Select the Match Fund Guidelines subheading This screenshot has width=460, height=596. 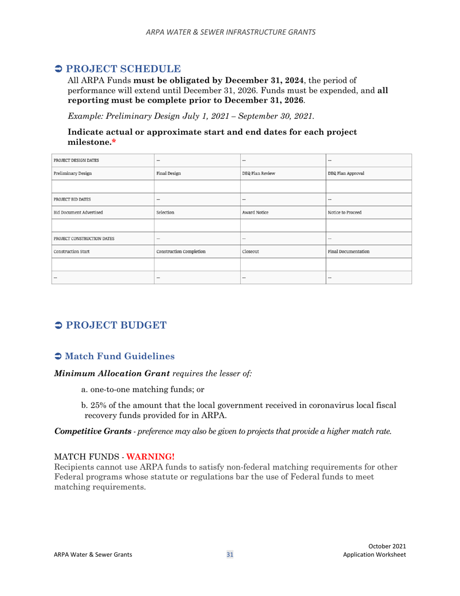(x=120, y=356)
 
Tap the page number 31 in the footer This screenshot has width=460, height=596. (x=230, y=555)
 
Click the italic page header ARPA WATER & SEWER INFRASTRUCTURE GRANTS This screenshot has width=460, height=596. (x=230, y=32)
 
